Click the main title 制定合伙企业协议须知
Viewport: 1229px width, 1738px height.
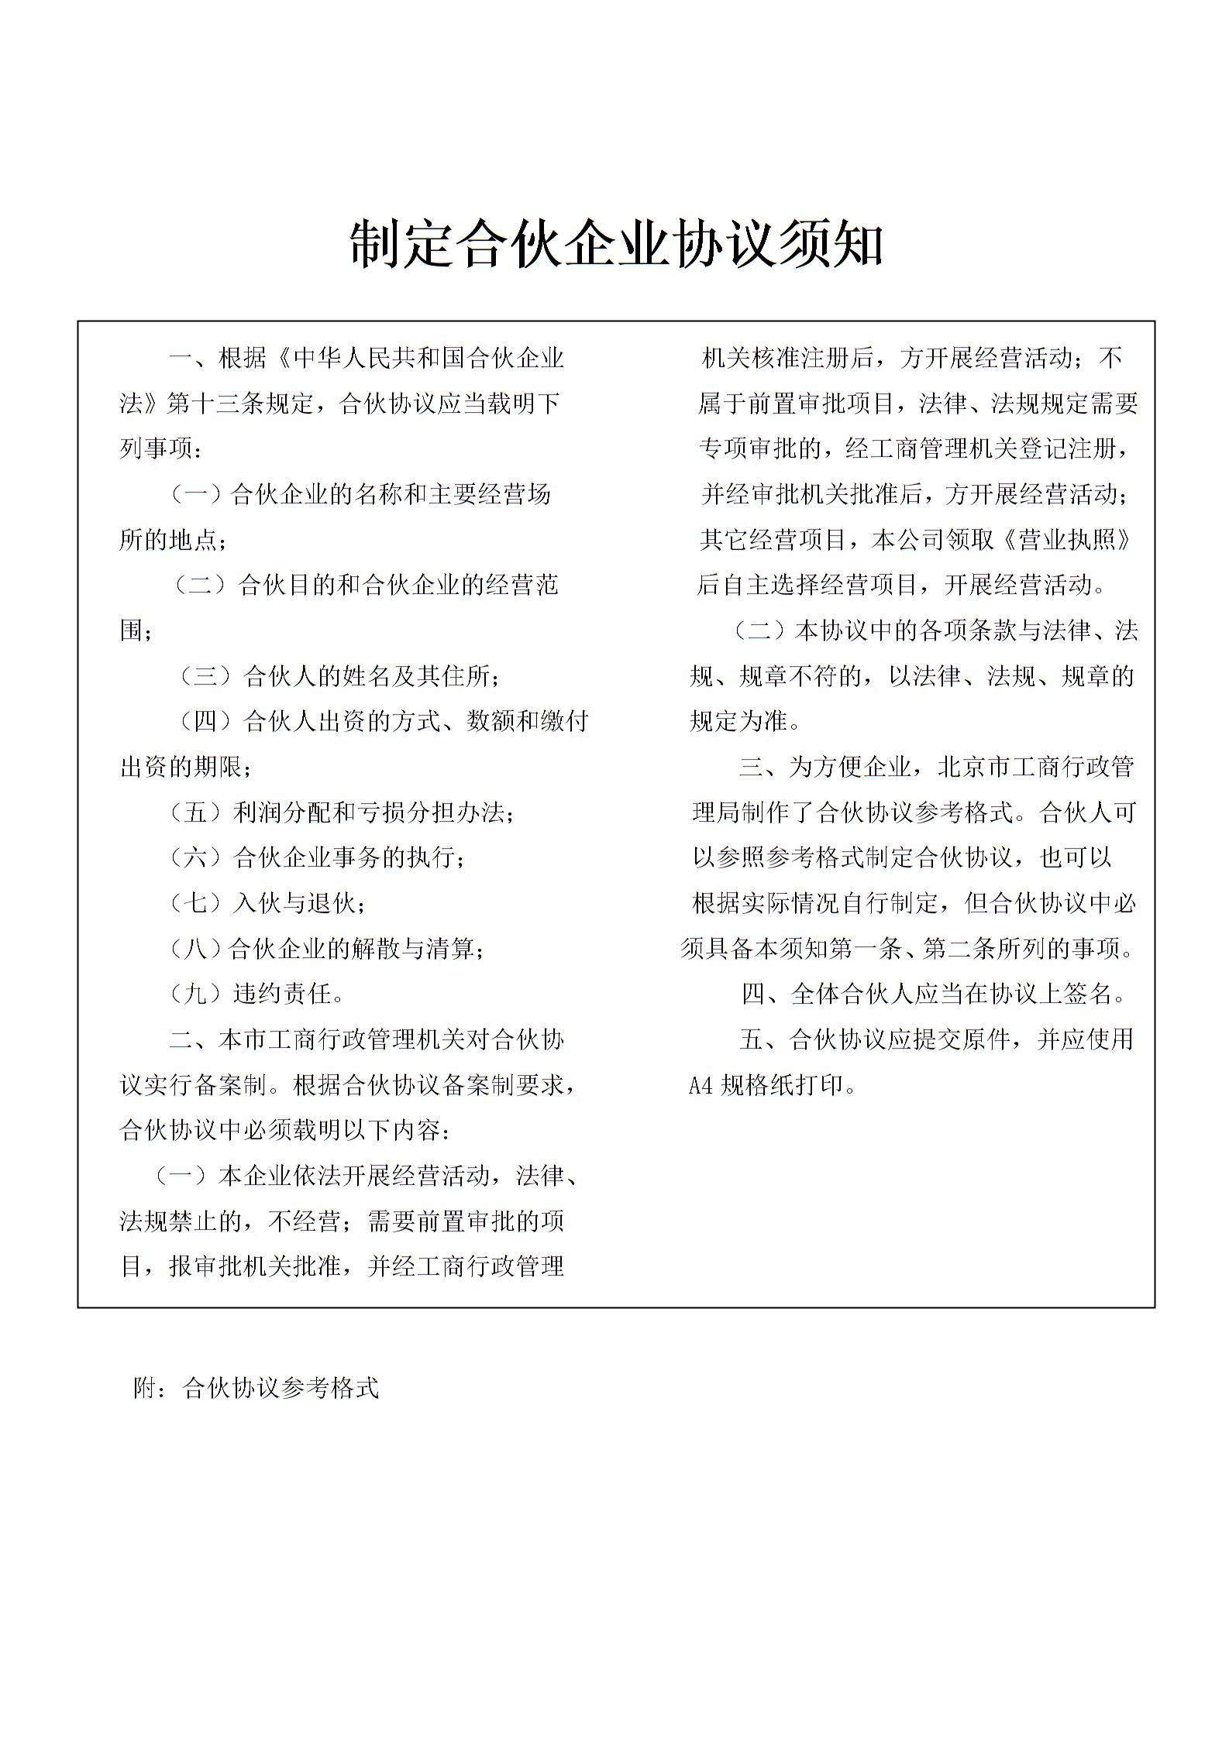coord(616,244)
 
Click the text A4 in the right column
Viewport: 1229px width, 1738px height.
coord(701,1085)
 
